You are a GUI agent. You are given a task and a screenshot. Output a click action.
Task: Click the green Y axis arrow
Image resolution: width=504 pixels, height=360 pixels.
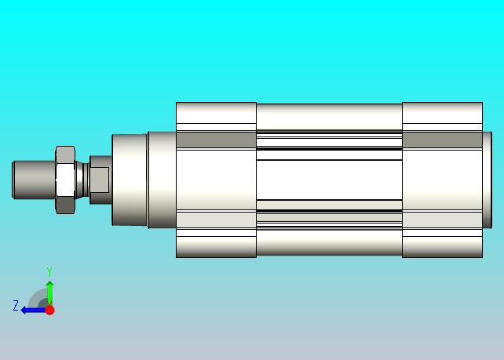point(49,293)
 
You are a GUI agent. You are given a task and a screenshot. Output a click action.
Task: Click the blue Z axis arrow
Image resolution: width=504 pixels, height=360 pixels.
point(33,311)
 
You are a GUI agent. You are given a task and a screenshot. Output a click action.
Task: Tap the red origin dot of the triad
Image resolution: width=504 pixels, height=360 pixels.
point(49,311)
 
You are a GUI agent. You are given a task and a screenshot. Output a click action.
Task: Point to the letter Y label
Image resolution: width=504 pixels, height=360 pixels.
point(49,271)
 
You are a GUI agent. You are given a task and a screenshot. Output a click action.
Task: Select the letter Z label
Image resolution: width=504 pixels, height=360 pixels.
point(16,305)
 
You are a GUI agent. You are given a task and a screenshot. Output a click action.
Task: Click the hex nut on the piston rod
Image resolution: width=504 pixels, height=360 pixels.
point(66,180)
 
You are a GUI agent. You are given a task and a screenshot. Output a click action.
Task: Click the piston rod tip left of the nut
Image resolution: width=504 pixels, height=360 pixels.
point(34,180)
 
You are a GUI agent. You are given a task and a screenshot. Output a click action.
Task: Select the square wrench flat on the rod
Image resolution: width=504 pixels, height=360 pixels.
point(99,180)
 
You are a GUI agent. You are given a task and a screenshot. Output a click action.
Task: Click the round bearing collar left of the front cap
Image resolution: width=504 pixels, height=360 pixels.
point(130,180)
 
